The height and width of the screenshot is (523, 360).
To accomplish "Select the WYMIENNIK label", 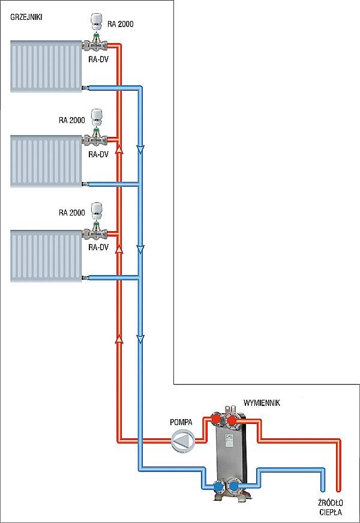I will pyautogui.click(x=262, y=402).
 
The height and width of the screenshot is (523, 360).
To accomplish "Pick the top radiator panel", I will pyautogui.click(x=46, y=65).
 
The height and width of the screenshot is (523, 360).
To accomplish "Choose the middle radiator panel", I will pyautogui.click(x=46, y=162).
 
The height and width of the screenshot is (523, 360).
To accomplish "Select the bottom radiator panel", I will pyautogui.click(x=46, y=256).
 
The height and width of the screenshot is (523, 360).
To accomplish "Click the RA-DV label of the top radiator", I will pyautogui.click(x=97, y=59).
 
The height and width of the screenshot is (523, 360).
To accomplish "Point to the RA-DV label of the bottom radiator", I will pyautogui.click(x=97, y=247).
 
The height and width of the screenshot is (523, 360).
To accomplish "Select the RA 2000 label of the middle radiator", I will pyautogui.click(x=71, y=120).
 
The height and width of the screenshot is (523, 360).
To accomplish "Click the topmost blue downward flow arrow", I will pyautogui.click(x=140, y=150).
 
